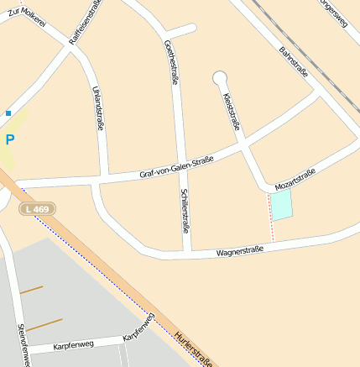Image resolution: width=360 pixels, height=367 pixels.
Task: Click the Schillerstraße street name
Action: pyautogui.click(x=185, y=210)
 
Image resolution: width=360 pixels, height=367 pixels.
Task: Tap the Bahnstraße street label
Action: pyautogui.click(x=293, y=62)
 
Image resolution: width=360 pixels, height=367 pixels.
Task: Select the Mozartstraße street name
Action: pyautogui.click(x=295, y=178)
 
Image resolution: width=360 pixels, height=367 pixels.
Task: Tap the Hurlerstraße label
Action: pyautogui.click(x=194, y=348)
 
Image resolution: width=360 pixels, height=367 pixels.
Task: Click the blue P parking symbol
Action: pyautogui.click(x=10, y=140)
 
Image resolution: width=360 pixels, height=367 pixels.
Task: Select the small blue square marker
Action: pyautogui.click(x=8, y=113)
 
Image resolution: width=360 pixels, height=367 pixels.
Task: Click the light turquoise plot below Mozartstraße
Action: pyautogui.click(x=281, y=205)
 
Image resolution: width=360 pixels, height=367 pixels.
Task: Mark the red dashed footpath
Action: pyautogui.click(x=271, y=217)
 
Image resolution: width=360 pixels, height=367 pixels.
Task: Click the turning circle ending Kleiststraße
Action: pyautogui.click(x=220, y=78)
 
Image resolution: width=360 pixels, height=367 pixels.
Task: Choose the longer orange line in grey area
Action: pyautogui.click(x=44, y=324)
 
